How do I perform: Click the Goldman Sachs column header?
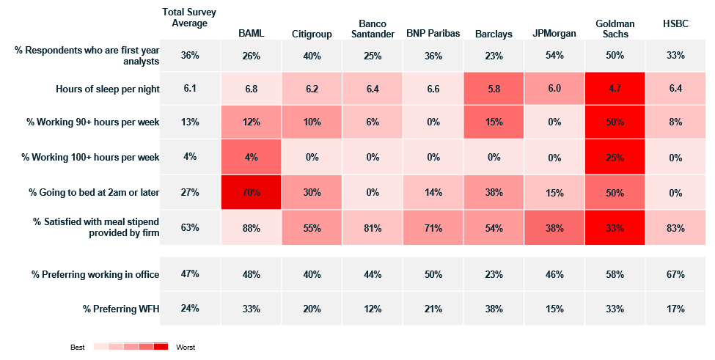coord(615,29)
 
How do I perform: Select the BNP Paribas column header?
coord(433,33)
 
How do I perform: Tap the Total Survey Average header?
coord(189,18)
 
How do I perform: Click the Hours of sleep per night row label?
coord(108,89)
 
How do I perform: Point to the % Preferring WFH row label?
coord(121,309)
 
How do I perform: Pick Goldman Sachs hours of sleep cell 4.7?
coord(615,89)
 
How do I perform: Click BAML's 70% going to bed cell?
coord(252,192)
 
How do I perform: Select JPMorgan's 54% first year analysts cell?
coord(554,55)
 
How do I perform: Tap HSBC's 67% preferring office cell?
coord(675,274)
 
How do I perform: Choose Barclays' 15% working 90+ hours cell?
coord(494,122)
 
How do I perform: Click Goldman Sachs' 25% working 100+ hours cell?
coord(615,157)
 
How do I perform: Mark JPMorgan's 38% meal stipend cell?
coord(554,227)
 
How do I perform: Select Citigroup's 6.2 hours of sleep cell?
coord(312,89)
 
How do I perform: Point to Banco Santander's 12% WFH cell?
coord(373,309)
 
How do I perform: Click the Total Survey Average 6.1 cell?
coord(190,89)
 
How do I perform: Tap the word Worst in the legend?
coord(186,348)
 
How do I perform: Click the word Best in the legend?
coord(78,348)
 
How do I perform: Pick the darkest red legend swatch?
coord(161,346)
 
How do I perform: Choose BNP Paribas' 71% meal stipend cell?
coord(433,227)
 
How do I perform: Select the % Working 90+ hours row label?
coord(93,122)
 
